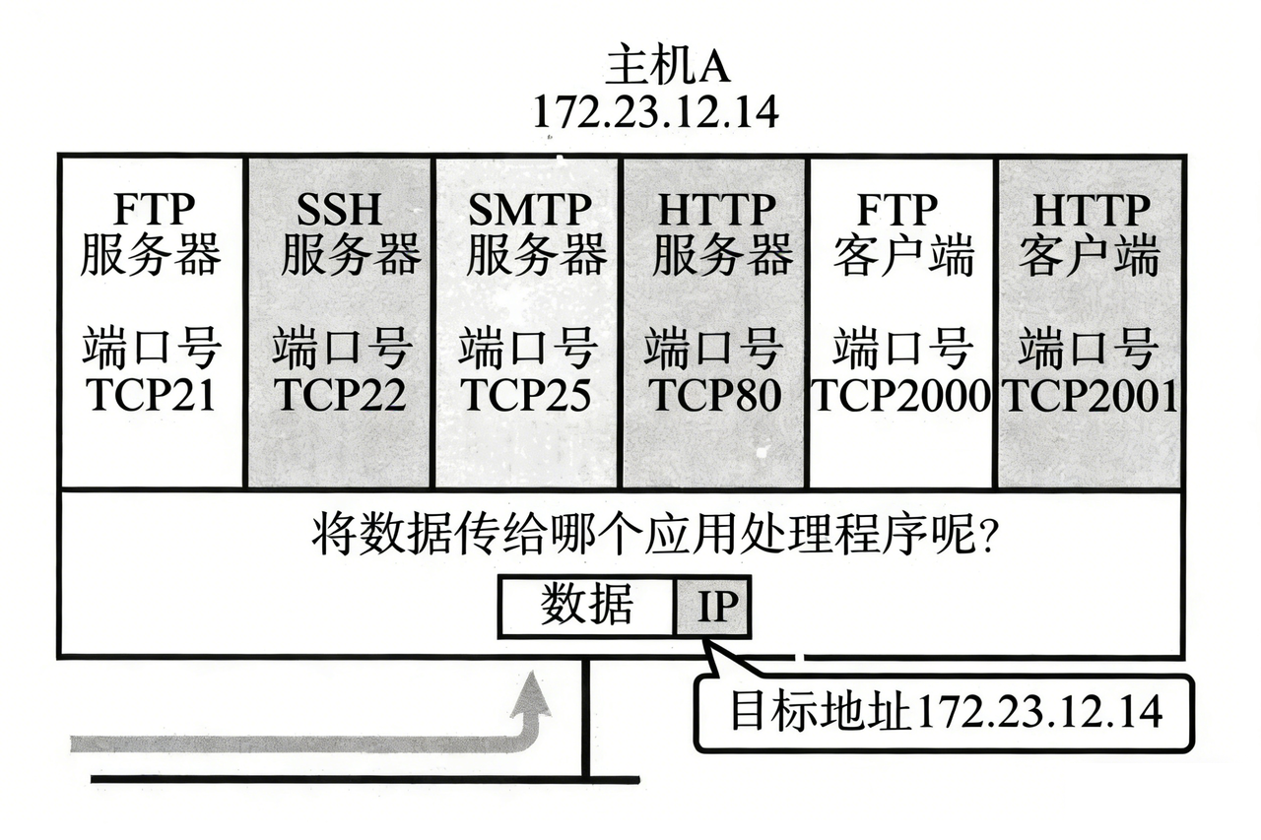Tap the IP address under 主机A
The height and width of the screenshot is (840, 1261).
654,111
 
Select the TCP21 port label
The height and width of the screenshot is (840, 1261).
150,395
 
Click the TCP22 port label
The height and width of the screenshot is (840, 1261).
340,395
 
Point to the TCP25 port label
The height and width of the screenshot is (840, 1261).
526,395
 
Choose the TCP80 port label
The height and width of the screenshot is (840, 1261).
714,395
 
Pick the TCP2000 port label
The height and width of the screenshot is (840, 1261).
900,395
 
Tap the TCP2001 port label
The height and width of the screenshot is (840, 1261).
1090,395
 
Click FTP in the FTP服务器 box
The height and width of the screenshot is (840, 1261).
151,210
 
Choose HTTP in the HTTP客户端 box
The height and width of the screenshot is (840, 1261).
1091,210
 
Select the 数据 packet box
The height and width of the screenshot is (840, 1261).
587,607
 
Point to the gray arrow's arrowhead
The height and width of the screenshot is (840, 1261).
535,690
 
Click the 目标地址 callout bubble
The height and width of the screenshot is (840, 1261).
945,712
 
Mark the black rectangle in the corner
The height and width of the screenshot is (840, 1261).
1163,803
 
